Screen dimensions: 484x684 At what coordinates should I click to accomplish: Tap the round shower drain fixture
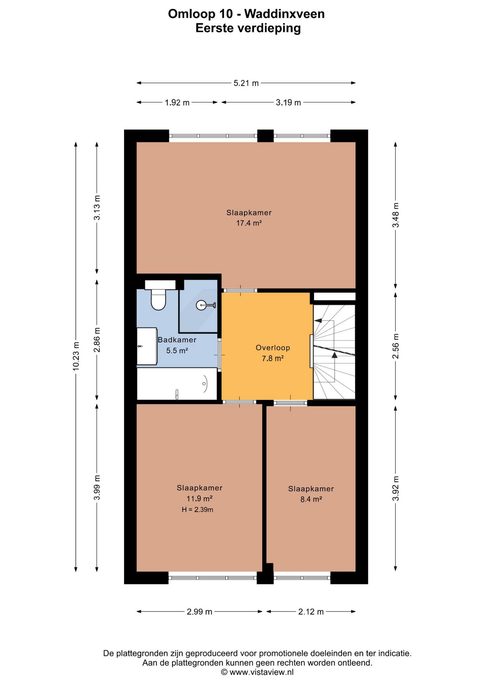pyautogui.click(x=201, y=305)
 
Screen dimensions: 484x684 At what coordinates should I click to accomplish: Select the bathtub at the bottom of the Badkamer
pyautogui.click(x=177, y=384)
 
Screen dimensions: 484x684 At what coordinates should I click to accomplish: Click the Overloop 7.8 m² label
pyautogui.click(x=273, y=353)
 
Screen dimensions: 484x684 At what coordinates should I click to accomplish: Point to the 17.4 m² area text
pyautogui.click(x=249, y=223)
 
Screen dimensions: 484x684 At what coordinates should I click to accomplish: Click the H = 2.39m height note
pyautogui.click(x=197, y=509)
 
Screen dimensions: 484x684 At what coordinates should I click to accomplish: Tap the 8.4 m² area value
pyautogui.click(x=311, y=499)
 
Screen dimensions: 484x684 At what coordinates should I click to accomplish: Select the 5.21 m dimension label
pyautogui.click(x=246, y=83)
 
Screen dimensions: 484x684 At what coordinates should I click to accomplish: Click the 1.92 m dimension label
pyautogui.click(x=177, y=103)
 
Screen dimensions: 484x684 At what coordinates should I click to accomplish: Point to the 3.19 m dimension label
pyautogui.click(x=288, y=103)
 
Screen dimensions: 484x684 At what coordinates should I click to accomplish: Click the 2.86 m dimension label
pyautogui.click(x=97, y=340)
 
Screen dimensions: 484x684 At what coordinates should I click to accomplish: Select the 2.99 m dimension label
pyautogui.click(x=200, y=612)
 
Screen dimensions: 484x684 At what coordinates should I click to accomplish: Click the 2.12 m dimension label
pyautogui.click(x=311, y=612)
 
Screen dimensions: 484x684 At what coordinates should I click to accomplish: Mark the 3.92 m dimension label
pyautogui.click(x=396, y=488)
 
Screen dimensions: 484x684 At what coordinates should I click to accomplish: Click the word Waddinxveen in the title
pyautogui.click(x=284, y=14)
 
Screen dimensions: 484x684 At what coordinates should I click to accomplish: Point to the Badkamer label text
pyautogui.click(x=177, y=340)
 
